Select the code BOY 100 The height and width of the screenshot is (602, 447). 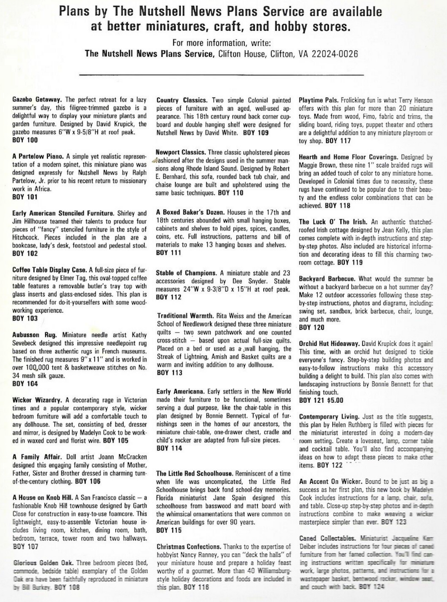point(25,140)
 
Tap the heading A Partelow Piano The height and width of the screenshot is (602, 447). point(38,156)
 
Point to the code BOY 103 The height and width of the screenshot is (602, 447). point(25,318)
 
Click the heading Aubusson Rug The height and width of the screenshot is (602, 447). point(34,335)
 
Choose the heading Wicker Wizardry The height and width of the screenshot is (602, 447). point(37,400)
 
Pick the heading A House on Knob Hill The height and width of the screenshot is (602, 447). point(42,498)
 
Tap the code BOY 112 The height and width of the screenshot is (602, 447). point(168,297)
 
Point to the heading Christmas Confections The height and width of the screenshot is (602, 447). point(189,547)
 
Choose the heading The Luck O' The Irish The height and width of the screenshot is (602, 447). point(333,222)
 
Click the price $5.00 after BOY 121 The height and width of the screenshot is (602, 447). point(335,400)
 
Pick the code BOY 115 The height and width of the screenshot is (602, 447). point(168,530)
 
